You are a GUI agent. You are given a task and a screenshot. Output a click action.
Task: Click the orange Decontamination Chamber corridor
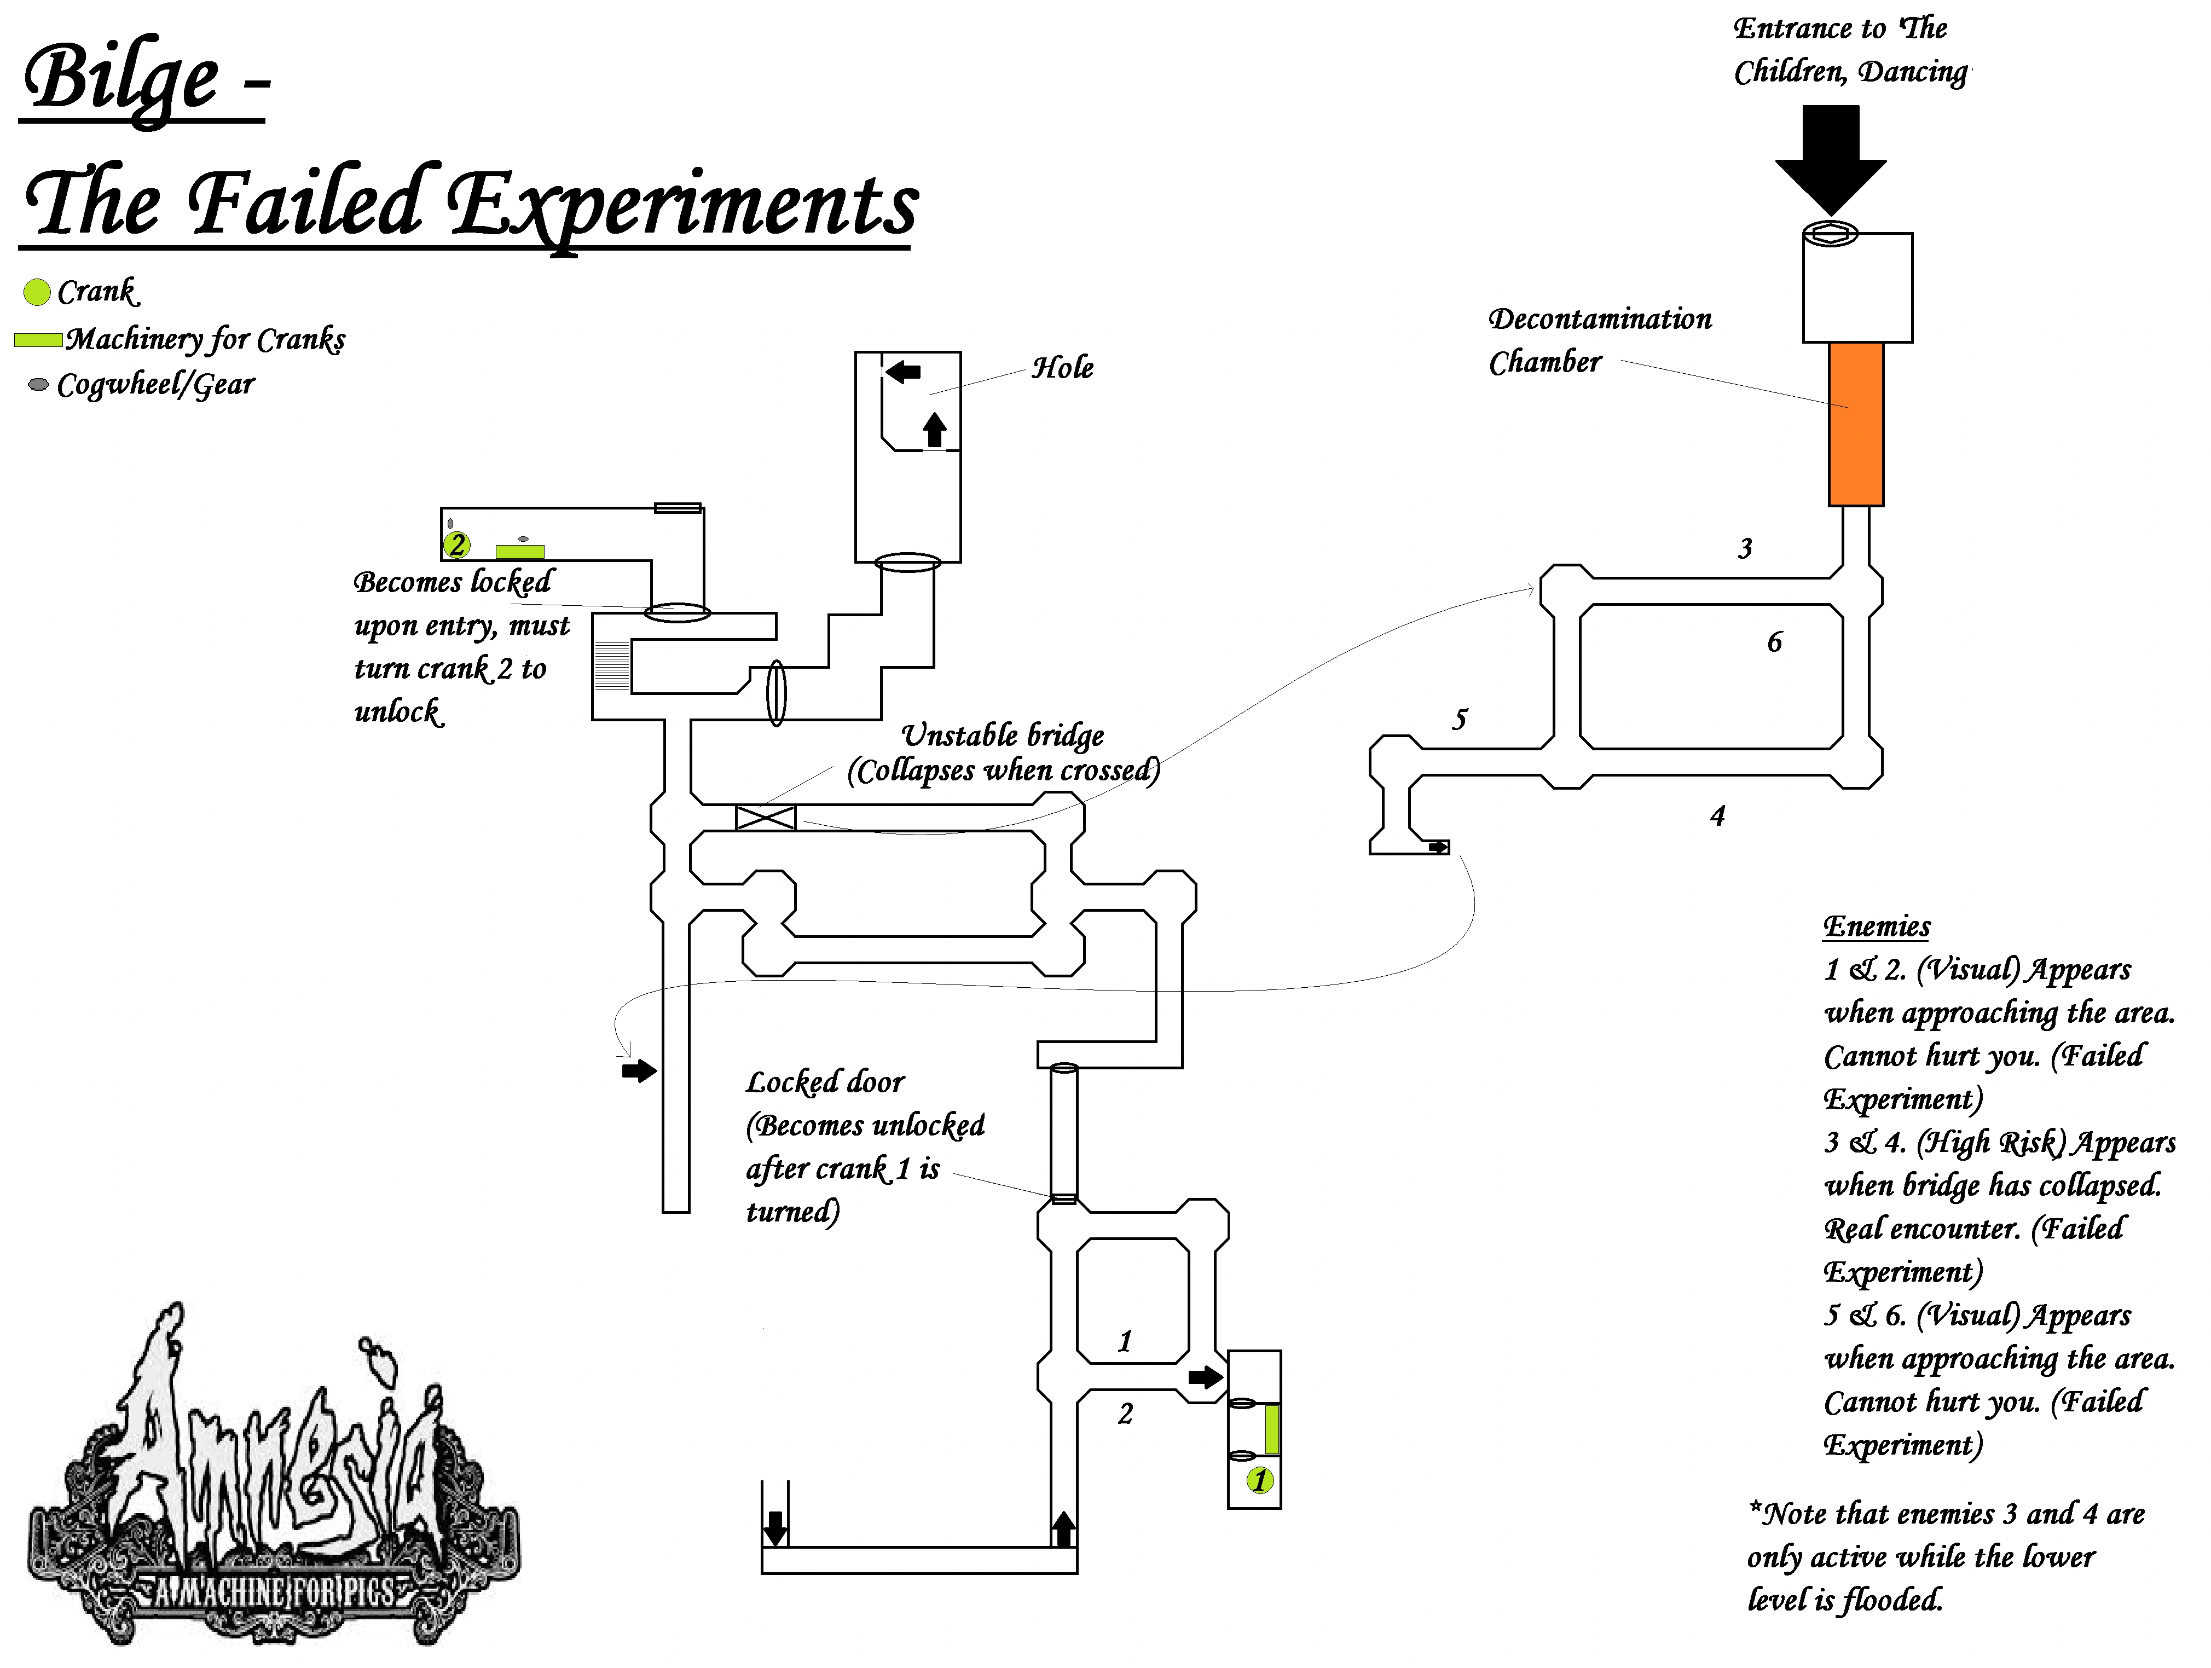(x=1856, y=425)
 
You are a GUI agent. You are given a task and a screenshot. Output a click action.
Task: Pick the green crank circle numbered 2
(x=457, y=545)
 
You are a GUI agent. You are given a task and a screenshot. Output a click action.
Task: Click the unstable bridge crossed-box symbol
(x=766, y=818)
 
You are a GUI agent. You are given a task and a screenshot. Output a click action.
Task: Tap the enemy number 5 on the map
(x=1460, y=720)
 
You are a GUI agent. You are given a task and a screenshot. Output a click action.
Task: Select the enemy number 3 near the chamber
(x=1745, y=549)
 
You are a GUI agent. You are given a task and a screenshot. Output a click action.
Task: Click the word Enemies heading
(x=1876, y=926)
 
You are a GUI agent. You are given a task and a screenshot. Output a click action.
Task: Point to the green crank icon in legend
(x=37, y=292)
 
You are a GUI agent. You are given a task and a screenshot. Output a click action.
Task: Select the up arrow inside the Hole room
(x=935, y=430)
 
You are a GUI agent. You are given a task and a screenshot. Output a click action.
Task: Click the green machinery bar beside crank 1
(x=1272, y=1429)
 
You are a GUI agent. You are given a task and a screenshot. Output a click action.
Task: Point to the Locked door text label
(x=826, y=1082)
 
